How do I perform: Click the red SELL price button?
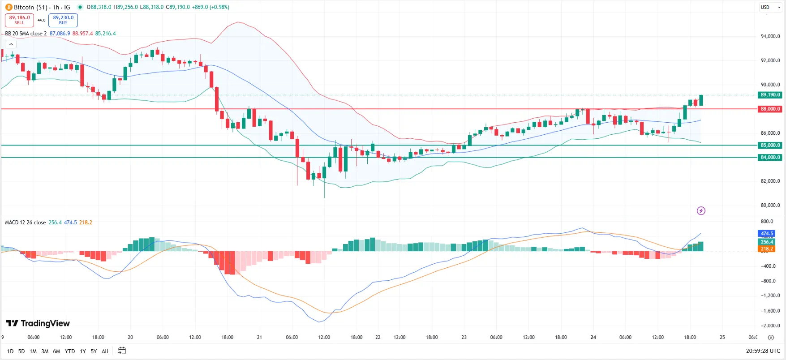tap(19, 20)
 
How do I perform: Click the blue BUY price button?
tap(63, 20)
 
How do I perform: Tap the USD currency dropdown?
tap(770, 7)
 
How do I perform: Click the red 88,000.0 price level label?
tap(770, 109)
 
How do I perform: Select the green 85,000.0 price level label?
tap(770, 145)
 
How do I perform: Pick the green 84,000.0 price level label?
tap(770, 157)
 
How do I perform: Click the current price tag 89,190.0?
tap(770, 95)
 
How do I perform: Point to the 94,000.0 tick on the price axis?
tap(770, 36)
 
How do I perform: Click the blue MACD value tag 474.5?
tap(767, 233)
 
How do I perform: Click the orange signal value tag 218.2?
tap(767, 249)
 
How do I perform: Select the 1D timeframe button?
tap(10, 351)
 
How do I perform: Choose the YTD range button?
tap(69, 351)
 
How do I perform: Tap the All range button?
tap(105, 351)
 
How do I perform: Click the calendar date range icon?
tap(122, 351)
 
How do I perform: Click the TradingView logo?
tap(38, 323)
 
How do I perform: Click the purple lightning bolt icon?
tap(701, 210)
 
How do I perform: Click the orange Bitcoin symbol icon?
tap(9, 7)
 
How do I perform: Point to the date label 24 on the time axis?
tap(593, 337)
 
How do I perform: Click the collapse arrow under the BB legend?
tap(11, 44)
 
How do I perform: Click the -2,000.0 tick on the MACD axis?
tap(770, 326)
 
